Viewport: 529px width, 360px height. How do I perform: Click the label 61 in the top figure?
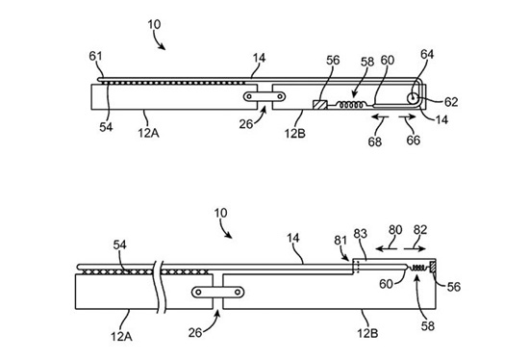coord(95,56)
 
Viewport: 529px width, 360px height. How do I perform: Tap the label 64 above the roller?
coord(427,54)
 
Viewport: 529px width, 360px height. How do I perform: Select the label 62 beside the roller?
coord(451,102)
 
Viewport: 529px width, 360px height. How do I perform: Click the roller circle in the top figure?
coord(412,98)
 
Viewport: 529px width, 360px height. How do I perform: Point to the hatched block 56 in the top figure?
coord(320,105)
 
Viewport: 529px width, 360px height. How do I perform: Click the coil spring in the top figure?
coord(351,105)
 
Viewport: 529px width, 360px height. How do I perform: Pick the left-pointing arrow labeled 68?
coord(380,116)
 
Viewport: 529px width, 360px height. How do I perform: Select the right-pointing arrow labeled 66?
coord(407,116)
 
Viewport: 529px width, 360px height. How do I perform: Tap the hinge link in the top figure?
coord(264,97)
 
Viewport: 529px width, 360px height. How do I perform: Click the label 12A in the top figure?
coord(148,133)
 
